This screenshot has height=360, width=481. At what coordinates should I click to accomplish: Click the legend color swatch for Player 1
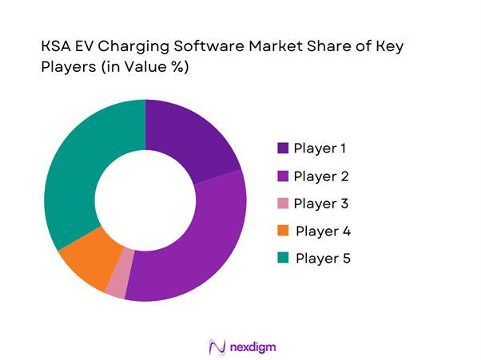(x=283, y=148)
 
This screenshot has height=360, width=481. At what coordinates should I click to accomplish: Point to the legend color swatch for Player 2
(x=283, y=176)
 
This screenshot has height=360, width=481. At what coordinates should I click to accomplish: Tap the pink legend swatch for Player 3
(x=283, y=204)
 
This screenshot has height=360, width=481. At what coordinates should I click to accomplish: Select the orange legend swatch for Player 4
(x=283, y=231)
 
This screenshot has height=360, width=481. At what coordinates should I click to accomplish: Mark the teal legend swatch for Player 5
(x=283, y=259)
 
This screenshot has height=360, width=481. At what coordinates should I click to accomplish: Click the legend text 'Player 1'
(x=320, y=148)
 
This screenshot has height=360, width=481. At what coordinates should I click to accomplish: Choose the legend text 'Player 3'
(x=320, y=204)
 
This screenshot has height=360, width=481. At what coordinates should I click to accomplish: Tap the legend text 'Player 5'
(x=322, y=259)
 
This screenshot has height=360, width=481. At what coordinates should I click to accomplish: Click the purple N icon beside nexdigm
(x=214, y=347)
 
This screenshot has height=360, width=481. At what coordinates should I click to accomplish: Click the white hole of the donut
(x=145, y=200)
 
